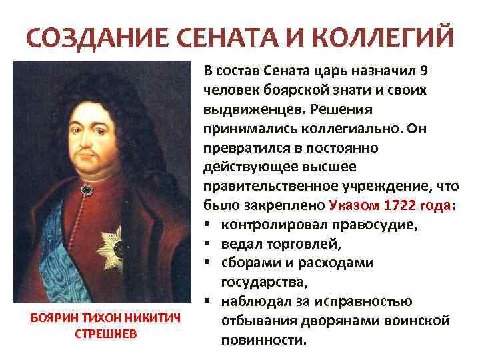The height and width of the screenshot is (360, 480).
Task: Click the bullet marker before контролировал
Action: [209, 225]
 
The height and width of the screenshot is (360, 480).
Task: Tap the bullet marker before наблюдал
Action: [209, 301]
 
